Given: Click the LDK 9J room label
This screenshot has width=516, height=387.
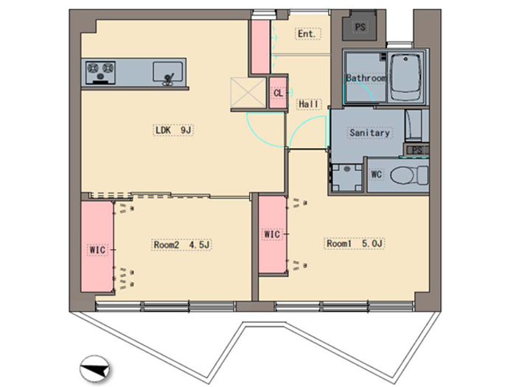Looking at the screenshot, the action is [x=173, y=130].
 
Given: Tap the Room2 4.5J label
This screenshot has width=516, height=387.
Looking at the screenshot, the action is [x=181, y=245].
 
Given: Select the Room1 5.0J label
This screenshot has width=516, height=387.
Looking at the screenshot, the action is [x=355, y=243].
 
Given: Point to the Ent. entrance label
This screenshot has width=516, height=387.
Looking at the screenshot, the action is [x=308, y=34].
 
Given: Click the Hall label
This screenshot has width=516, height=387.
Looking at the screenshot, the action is [x=309, y=104].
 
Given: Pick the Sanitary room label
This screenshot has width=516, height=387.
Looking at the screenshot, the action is [x=369, y=133].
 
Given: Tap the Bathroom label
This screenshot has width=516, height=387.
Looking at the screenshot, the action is [x=366, y=78].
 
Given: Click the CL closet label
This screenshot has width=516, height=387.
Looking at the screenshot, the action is [x=278, y=93].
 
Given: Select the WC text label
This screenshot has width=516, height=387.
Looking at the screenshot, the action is [x=376, y=174].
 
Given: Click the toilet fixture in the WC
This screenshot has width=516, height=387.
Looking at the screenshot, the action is [x=409, y=175].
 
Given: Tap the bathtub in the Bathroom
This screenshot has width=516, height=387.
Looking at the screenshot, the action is [x=405, y=77].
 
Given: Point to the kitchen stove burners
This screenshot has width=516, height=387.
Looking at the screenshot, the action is [x=100, y=72].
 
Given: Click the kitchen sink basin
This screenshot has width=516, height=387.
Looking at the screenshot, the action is [x=167, y=72].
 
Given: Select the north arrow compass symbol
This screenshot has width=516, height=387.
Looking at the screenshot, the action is [x=95, y=369].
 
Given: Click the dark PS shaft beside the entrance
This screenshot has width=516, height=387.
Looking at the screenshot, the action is [x=360, y=26].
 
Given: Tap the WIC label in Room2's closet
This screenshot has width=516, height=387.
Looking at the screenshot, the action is [x=97, y=250].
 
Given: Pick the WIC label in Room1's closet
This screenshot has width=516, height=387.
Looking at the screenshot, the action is [x=272, y=234].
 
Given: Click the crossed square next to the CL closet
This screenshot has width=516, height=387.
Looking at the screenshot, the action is [x=248, y=93].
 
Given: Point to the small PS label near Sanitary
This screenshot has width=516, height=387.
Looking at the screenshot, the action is [x=417, y=150].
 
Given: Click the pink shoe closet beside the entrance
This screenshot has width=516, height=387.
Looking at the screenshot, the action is [x=261, y=46].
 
